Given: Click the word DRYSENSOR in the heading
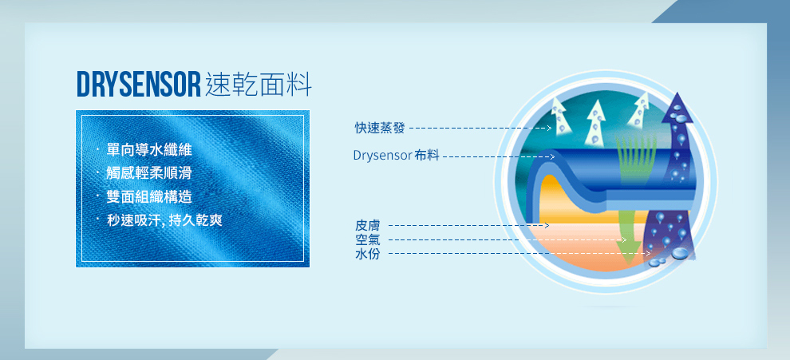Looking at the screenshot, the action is point(139,85).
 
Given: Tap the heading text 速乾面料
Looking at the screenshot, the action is point(259,85).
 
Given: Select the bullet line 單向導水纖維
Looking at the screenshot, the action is point(149,150).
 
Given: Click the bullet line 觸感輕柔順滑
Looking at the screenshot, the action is point(149,173).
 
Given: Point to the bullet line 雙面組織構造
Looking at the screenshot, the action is point(149,196).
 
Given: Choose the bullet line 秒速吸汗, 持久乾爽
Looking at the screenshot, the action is point(164,220).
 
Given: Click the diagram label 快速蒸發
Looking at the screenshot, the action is point(380,128).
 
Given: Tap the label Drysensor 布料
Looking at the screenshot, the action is point(396,156).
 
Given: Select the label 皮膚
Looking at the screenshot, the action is point(368,225).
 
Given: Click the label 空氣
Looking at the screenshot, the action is point(368,240).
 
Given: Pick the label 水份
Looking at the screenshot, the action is point(368,254).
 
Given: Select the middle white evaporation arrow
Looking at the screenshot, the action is point(596,121).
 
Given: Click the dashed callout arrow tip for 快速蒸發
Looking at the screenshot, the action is point(551,128).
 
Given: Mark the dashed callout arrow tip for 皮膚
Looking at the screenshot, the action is point(547,225).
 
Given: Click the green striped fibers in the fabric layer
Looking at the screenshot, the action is point(636,159).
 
